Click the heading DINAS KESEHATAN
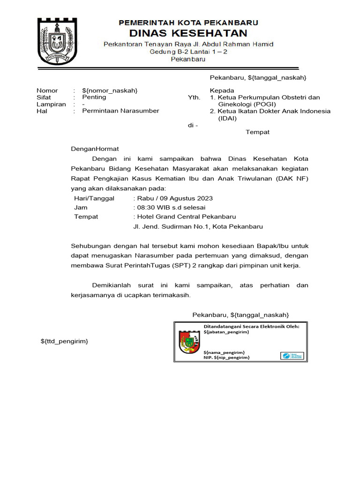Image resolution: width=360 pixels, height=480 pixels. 188,33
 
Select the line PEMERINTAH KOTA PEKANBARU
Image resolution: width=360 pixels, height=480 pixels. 188,22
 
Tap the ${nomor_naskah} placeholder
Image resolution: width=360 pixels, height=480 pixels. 110,90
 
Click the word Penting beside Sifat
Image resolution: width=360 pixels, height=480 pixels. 94,97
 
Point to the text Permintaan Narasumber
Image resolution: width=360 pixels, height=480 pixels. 120,111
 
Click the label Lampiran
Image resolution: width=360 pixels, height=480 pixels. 51,105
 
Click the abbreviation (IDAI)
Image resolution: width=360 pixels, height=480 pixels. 227,119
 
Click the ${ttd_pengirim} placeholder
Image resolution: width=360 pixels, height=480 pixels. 64,341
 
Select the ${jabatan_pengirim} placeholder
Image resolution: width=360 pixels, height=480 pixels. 226,332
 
